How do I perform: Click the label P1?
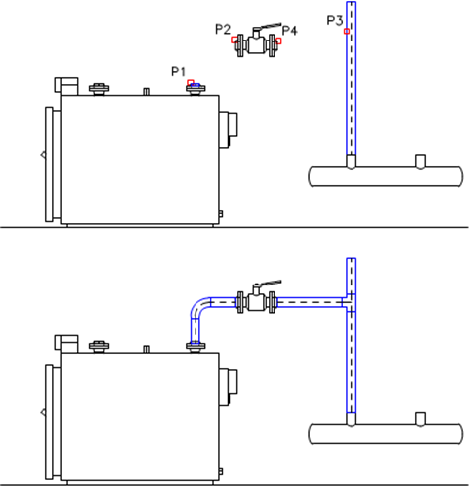tap(178, 71)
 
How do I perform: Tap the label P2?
tap(223, 30)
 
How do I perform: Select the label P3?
tap(335, 20)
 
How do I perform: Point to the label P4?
tap(290, 31)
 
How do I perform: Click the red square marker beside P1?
tap(191, 82)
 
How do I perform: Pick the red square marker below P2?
tap(234, 40)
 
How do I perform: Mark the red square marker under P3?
tap(347, 31)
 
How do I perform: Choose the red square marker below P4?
tap(278, 41)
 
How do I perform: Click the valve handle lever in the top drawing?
tap(270, 26)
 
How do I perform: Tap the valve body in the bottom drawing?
tap(256, 302)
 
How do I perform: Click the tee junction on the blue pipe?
tap(351, 302)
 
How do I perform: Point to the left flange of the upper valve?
tap(240, 45)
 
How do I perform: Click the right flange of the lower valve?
tap(272, 302)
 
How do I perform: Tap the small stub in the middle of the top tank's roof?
tap(147, 91)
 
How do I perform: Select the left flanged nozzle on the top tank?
tap(99, 89)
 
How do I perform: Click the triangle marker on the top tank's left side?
tap(43, 155)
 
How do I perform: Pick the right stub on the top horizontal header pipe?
tap(420, 162)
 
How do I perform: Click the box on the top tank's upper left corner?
tap(66, 85)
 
